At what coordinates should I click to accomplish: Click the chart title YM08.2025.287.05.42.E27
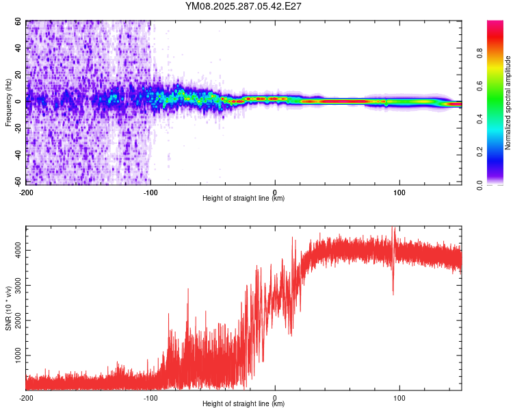(244, 7)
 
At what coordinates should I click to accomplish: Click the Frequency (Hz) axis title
(8, 103)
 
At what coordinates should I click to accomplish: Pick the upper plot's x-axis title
(244, 198)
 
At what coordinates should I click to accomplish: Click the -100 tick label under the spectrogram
(150, 191)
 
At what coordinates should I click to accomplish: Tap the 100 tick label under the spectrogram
(399, 191)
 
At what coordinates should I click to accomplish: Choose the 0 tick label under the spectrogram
(275, 191)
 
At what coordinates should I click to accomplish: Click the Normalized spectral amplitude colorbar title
(508, 103)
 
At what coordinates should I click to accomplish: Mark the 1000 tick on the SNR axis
(15, 356)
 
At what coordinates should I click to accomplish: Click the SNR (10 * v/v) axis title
(8, 308)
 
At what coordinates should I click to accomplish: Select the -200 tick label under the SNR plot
(26, 397)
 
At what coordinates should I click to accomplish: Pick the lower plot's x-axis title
(244, 404)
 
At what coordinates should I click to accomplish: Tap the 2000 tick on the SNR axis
(15, 321)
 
